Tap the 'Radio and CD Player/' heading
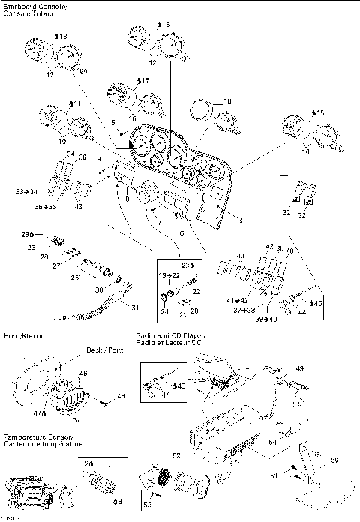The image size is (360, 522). pos(170,336)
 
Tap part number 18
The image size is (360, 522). pos(227,100)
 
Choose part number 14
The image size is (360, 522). pos(305,151)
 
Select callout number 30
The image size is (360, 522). pos(99,290)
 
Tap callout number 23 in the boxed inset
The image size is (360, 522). pos(187,264)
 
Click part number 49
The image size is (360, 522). pos(299,368)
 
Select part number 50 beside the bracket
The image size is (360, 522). pos(334,460)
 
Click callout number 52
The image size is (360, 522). pos(176,454)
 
